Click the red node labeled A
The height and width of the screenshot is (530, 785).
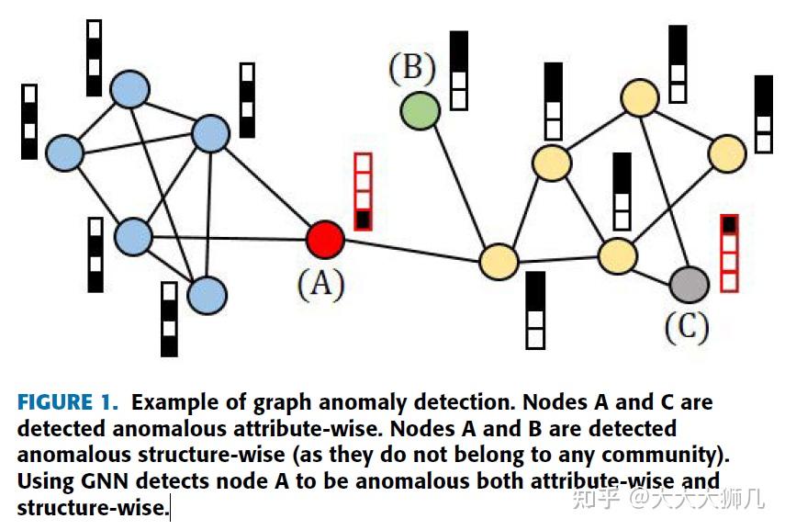[x=324, y=239]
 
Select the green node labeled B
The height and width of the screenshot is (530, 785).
[x=420, y=110]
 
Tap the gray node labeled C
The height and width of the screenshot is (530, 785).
[x=689, y=284]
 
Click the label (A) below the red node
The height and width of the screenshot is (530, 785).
[x=321, y=284]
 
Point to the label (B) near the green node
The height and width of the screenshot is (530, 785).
[x=412, y=68]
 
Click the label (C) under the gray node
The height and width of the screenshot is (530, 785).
[x=687, y=326]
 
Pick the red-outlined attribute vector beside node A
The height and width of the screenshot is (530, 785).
[x=363, y=191]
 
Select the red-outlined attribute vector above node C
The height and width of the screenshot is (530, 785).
[x=729, y=253]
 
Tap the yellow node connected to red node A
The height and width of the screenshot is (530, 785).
[x=499, y=261]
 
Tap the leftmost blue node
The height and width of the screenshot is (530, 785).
[x=64, y=152]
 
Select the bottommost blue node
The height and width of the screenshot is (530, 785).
[x=207, y=295]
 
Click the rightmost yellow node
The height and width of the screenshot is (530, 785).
[x=727, y=152]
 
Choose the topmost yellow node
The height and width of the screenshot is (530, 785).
[x=640, y=96]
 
